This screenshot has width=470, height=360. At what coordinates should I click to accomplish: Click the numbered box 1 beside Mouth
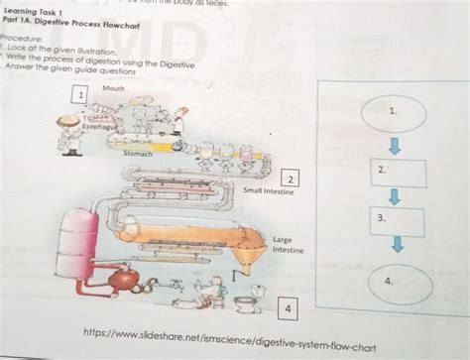pyautogui.click(x=78, y=97)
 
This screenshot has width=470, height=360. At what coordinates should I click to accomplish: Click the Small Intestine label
pyautogui.click(x=265, y=189)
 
